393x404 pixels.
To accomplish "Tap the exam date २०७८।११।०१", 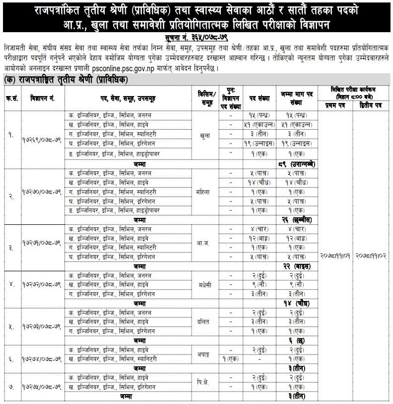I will pyautogui.click(x=335, y=255).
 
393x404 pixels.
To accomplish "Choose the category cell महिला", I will pyautogui.click(x=204, y=191).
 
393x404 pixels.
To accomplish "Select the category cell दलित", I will pyautogui.click(x=204, y=321).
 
